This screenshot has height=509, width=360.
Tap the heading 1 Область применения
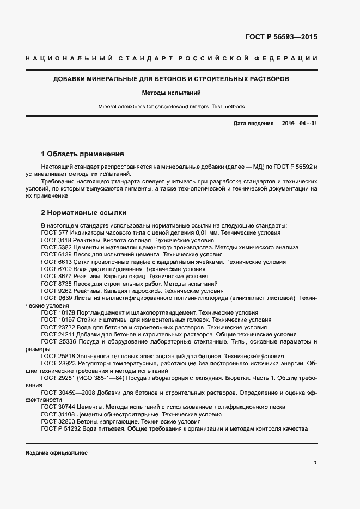83,154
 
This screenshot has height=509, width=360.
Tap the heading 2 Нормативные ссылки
84,213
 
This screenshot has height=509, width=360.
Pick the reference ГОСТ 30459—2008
68,393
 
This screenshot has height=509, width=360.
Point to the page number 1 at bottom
315,463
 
